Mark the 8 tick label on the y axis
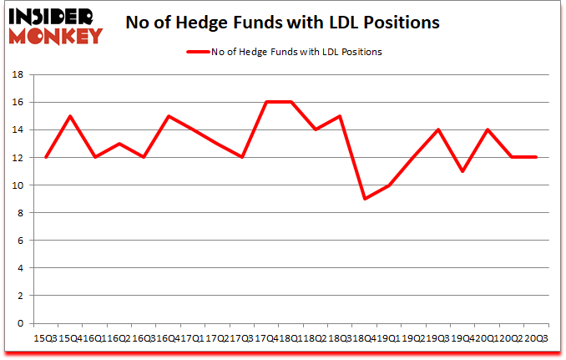point(19,212)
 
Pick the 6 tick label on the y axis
point(19,241)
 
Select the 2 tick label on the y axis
point(19,296)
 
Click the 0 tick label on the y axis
point(19,323)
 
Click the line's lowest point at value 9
point(365,199)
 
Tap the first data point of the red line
point(45,157)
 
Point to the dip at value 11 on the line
point(463,171)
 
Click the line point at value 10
point(389,185)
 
